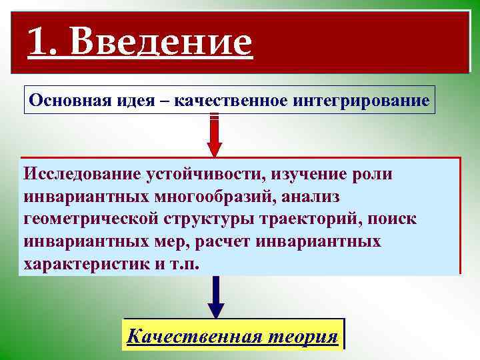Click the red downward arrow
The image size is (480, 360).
coord(215,137)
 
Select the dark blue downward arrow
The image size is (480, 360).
coord(215,297)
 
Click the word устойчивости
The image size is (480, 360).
coord(200,174)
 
